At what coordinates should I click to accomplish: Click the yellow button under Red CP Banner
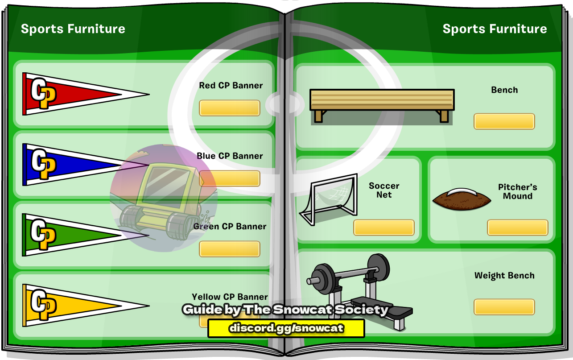click(x=230, y=108)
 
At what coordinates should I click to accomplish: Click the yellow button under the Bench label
click(x=504, y=121)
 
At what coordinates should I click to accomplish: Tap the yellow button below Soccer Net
click(x=383, y=227)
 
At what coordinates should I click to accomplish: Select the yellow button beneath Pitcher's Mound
click(x=518, y=227)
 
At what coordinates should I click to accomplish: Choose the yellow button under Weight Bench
click(x=504, y=307)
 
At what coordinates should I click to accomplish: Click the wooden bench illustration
click(x=382, y=105)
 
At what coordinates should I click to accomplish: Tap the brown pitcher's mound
click(x=462, y=199)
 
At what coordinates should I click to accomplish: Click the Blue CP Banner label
click(x=230, y=156)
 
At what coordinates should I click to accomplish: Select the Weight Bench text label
click(x=504, y=275)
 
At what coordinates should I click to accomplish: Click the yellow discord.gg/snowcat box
click(x=286, y=328)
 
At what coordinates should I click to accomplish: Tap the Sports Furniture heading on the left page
click(x=73, y=29)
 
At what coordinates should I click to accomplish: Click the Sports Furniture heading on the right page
click(x=495, y=29)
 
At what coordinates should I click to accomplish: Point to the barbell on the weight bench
click(x=348, y=274)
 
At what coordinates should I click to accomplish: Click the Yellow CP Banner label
click(x=230, y=297)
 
